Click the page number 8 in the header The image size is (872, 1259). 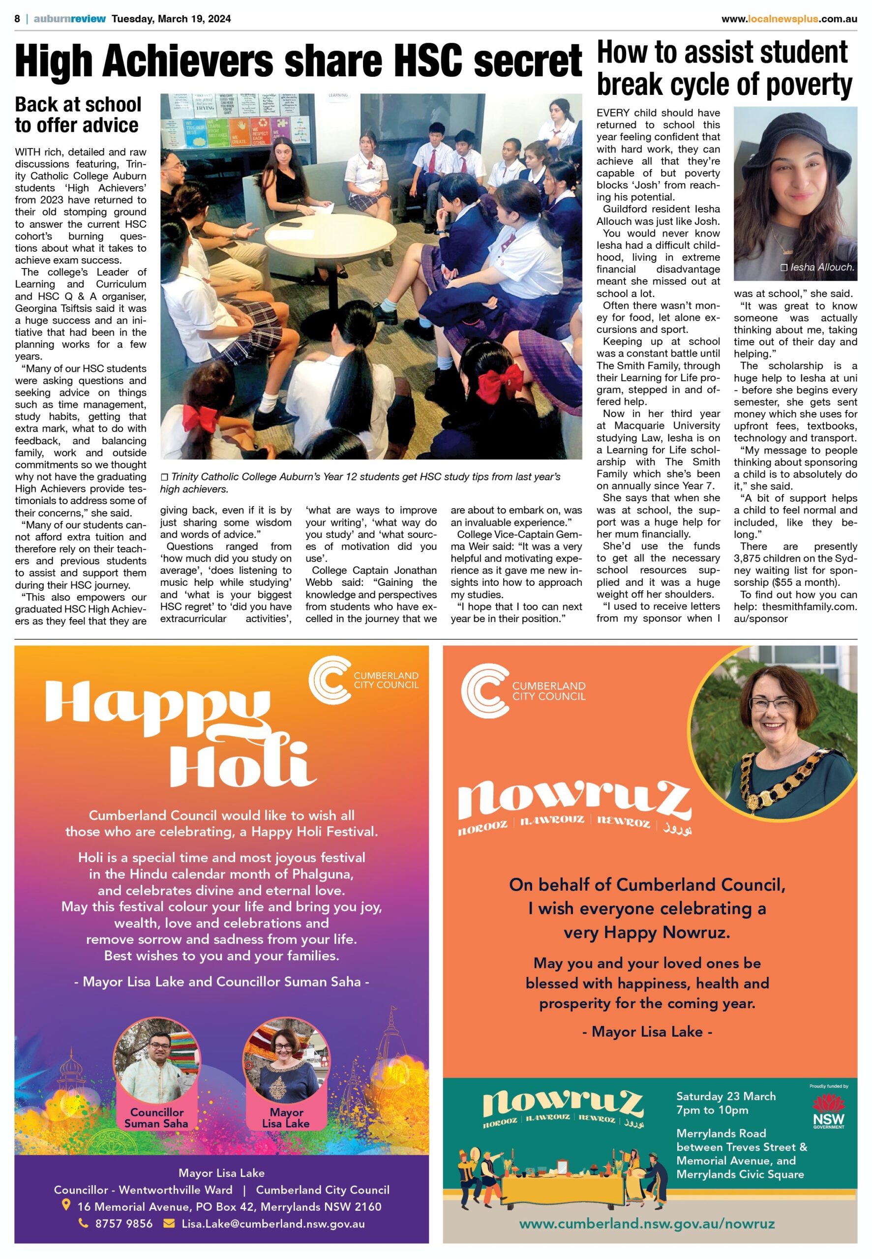pyautogui.click(x=18, y=19)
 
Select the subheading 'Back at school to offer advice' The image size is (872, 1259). pyautogui.click(x=78, y=115)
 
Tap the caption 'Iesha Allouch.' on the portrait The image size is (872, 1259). pyautogui.click(x=817, y=267)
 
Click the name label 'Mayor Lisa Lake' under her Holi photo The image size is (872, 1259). pyautogui.click(x=286, y=1117)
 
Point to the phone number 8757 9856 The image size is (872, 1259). pyautogui.click(x=123, y=1224)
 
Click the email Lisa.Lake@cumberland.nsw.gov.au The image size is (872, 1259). pyautogui.click(x=273, y=1224)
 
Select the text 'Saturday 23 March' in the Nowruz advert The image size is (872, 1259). pyautogui.click(x=725, y=1096)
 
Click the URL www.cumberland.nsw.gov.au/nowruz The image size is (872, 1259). pyautogui.click(x=646, y=1224)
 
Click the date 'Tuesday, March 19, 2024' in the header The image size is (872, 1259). pyautogui.click(x=171, y=19)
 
